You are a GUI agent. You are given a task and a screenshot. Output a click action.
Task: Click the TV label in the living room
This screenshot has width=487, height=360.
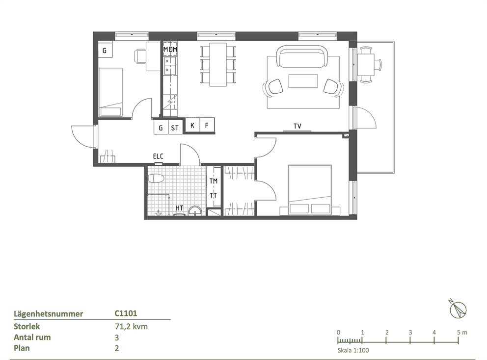(297, 126)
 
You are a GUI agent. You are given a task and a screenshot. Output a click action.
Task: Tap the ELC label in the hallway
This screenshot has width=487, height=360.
(158, 156)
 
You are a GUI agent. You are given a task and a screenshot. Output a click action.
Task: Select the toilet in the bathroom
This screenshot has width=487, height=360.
(156, 179)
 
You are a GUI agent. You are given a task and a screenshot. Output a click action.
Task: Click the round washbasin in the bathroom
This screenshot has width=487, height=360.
(195, 211)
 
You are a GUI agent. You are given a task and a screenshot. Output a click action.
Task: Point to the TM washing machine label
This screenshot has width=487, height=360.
(214, 181)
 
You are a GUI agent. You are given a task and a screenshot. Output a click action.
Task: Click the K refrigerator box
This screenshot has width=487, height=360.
(192, 126)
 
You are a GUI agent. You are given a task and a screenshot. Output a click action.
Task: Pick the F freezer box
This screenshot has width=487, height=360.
(207, 126)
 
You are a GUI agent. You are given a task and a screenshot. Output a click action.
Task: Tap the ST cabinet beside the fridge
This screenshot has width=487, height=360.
(175, 128)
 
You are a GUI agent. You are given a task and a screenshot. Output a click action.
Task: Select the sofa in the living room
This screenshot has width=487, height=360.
(301, 57)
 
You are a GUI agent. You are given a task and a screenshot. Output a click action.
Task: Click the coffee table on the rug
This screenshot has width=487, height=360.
(303, 81)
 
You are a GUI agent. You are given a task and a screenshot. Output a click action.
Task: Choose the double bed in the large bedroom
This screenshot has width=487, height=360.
(310, 190)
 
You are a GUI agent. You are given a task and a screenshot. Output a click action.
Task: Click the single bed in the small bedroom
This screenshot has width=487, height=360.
(110, 92)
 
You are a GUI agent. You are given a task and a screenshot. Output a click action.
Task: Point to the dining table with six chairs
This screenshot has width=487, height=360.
(218, 65)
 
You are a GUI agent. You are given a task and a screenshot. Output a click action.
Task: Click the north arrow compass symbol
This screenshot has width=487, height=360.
(458, 309)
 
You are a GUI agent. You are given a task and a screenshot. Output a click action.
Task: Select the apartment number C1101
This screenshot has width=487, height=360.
(126, 313)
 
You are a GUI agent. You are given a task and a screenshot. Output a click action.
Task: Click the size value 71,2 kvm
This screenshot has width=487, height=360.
(131, 327)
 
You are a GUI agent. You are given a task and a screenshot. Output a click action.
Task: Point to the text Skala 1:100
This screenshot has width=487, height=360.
(353, 350)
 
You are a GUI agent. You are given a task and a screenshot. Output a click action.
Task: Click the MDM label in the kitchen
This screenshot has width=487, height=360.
(170, 50)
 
